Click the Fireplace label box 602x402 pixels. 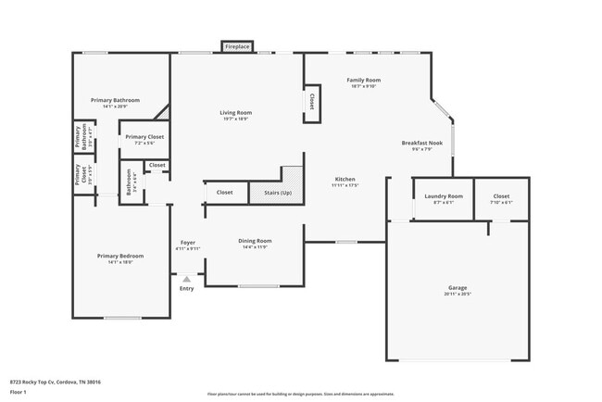[x=237, y=46]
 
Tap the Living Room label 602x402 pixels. [x=236, y=113]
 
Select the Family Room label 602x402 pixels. [x=363, y=81]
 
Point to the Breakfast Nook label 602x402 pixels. [x=421, y=143]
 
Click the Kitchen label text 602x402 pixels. [x=345, y=179]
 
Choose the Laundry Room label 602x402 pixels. [x=444, y=196]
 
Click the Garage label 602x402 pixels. [x=457, y=287]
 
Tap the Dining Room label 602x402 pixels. [x=256, y=241]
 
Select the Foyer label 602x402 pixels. [x=187, y=242]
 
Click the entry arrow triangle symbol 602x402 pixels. [x=187, y=277]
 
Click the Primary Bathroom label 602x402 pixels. [x=115, y=100]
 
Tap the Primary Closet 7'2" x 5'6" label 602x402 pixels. [x=144, y=137]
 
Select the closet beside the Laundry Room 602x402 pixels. [x=501, y=196]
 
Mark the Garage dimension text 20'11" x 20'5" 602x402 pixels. [x=457, y=294]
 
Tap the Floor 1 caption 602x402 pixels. [x=19, y=392]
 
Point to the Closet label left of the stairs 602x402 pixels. [x=224, y=192]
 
